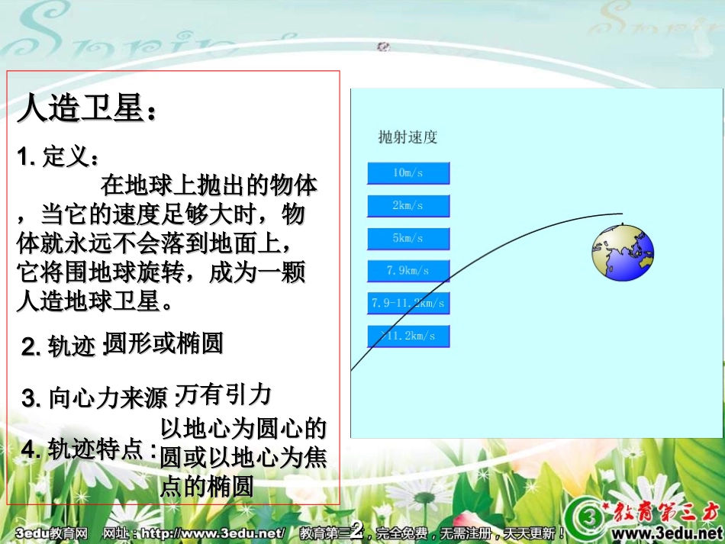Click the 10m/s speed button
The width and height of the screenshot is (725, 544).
pos(408,173)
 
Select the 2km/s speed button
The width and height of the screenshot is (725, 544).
pos(408,206)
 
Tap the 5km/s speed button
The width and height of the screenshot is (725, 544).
pos(408,239)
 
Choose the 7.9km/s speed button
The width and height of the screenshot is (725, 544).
pos(408,271)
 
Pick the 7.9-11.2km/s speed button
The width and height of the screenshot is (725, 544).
pos(408,304)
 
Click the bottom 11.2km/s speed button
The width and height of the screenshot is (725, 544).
pos(408,336)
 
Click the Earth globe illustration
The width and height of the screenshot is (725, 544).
pos(623,253)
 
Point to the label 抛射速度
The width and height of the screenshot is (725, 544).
pos(408,138)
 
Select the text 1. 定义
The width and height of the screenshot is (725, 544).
pos(58,157)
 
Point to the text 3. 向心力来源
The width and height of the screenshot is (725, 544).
pos(94,398)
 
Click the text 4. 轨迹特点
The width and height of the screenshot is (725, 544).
pos(88,449)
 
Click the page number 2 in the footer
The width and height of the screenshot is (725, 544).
pos(356,531)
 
